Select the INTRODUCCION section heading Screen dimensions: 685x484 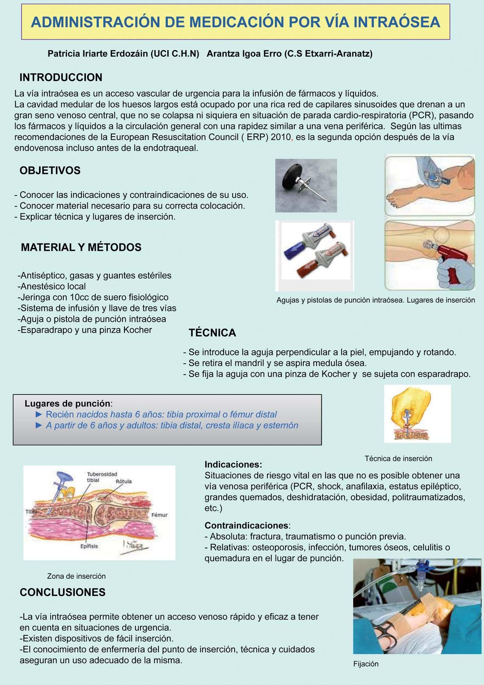[61, 77]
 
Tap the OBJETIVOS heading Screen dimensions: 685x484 [50, 170]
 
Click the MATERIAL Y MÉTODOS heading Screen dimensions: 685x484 [81, 247]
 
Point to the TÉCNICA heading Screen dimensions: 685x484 [212, 333]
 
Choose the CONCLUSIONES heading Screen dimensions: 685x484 [62, 592]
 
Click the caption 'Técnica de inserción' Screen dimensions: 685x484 [398, 458]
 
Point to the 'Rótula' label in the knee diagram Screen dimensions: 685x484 [124, 482]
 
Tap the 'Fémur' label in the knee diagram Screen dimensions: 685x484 [159, 515]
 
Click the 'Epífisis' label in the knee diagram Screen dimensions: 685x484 [89, 546]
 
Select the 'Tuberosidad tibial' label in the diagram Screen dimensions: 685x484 [101, 477]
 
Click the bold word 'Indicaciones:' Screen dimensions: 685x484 [233, 464]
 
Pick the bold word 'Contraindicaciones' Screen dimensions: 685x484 [246, 525]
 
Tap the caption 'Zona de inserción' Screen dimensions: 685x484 [76, 576]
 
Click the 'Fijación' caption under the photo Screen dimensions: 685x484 [366, 664]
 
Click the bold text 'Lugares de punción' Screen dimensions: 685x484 [67, 403]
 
